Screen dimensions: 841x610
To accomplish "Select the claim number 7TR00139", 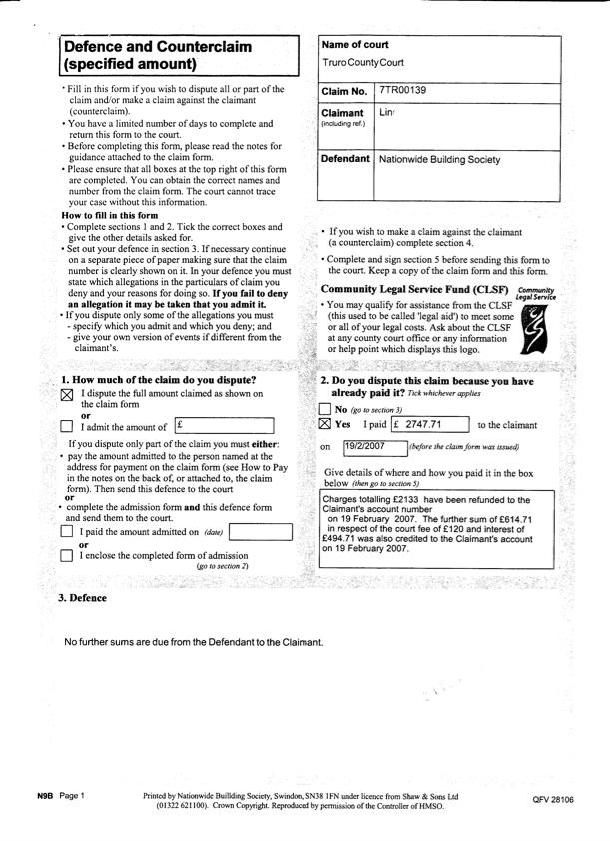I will pyautogui.click(x=403, y=91).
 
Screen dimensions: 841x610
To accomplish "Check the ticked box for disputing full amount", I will pyautogui.click(x=67, y=396).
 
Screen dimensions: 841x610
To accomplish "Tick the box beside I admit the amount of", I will pyautogui.click(x=67, y=427).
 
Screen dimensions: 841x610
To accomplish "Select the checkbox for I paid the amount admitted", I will pyautogui.click(x=67, y=532).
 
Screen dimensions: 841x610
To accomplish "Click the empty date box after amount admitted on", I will pyautogui.click(x=260, y=531).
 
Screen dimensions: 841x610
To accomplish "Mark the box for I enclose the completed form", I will pyautogui.click(x=67, y=555).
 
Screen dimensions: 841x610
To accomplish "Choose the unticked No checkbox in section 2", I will pyautogui.click(x=325, y=410).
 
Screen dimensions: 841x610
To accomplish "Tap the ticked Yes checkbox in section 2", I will pyautogui.click(x=325, y=424).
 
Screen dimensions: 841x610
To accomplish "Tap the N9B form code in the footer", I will pyautogui.click(x=45, y=795).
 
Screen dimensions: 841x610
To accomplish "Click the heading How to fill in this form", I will pyautogui.click(x=110, y=216).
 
